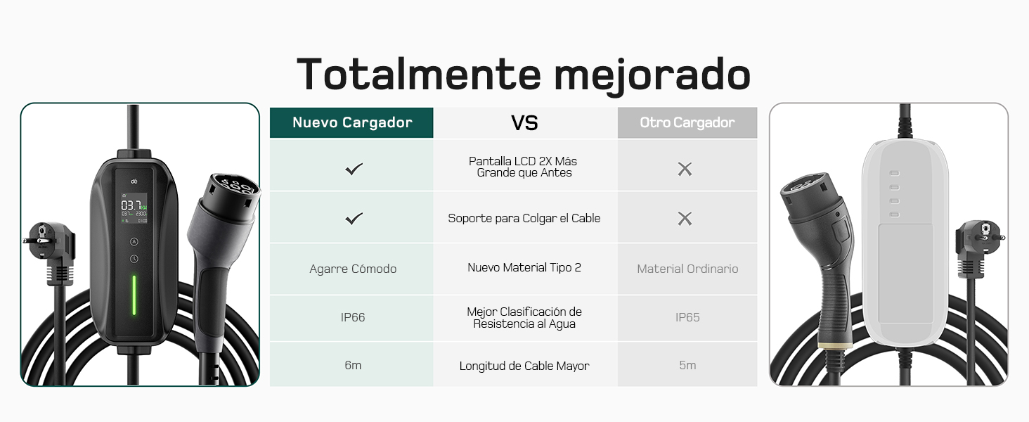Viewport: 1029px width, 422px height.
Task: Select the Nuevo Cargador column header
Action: pos(352,122)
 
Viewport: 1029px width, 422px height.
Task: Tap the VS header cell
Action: pos(525,123)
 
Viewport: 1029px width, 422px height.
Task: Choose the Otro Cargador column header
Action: pos(687,122)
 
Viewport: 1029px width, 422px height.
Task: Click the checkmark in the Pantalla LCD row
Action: pos(354,169)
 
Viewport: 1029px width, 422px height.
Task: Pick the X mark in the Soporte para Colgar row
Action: pos(685,219)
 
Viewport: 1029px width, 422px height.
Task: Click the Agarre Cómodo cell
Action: pos(353,269)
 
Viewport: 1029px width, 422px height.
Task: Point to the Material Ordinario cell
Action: pos(687,269)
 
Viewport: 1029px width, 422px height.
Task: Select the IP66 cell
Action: pos(353,317)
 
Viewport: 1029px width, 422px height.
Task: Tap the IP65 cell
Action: pos(687,317)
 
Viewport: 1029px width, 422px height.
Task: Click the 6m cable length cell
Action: pos(353,365)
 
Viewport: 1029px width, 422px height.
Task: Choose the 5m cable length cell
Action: pos(687,365)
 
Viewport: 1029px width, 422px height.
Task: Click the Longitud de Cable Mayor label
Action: pos(524,366)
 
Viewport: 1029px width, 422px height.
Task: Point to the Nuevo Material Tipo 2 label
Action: pos(524,267)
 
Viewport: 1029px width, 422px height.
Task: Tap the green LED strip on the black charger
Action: pos(134,295)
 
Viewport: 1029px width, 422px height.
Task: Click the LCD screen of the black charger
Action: pos(134,208)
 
